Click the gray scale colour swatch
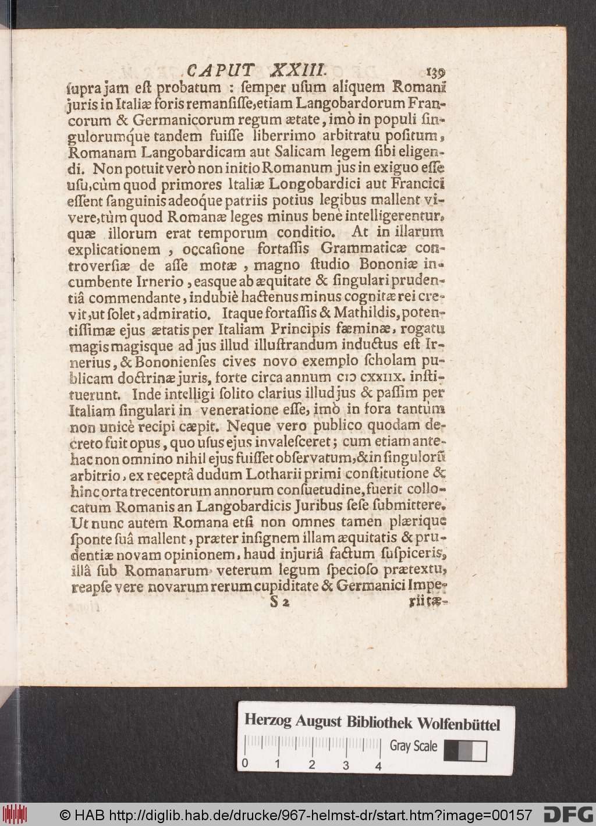click(x=466, y=750)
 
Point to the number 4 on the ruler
click(x=379, y=765)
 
